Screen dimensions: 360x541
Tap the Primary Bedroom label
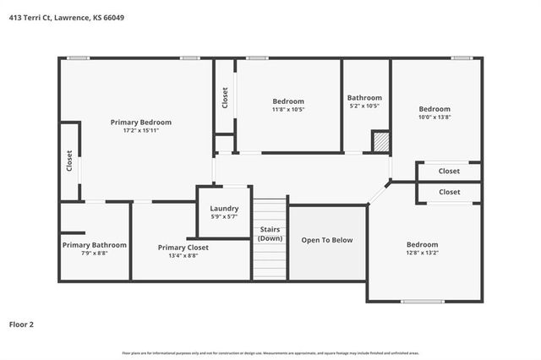point(141,122)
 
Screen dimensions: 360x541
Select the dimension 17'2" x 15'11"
point(141,130)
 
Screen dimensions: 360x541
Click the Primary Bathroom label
point(94,244)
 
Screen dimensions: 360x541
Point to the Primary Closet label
point(183,247)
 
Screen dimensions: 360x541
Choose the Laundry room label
point(224,208)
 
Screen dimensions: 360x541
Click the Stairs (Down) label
point(270,233)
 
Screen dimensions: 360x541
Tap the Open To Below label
point(327,240)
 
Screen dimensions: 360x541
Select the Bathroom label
point(364,97)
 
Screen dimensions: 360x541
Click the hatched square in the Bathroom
point(380,141)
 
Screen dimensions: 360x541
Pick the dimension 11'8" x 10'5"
point(288,109)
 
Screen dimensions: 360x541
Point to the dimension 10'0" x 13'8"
point(434,117)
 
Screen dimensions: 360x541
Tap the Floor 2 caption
point(21,324)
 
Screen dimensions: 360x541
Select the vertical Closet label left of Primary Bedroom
point(69,161)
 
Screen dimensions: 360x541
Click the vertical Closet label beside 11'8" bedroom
point(225,97)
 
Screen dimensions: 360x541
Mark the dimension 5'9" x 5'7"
point(224,216)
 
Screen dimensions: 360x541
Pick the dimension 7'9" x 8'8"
point(94,253)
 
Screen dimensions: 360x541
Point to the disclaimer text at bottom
point(270,352)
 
